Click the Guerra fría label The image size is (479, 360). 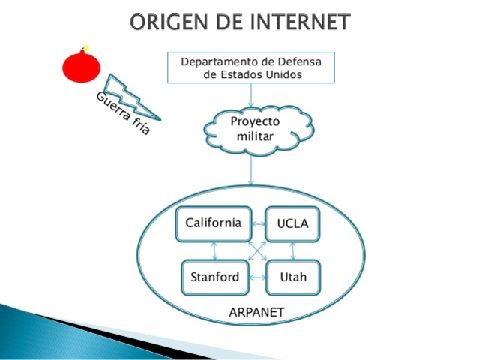point(123,113)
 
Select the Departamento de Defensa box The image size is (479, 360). point(251,67)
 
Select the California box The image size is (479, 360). point(214,223)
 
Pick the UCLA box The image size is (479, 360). point(292,224)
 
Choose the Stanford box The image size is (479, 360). point(214,277)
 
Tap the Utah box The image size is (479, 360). point(292,277)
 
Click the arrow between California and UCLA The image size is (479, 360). point(258,224)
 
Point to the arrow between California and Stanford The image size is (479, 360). point(215,250)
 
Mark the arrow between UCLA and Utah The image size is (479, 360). point(292,250)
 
